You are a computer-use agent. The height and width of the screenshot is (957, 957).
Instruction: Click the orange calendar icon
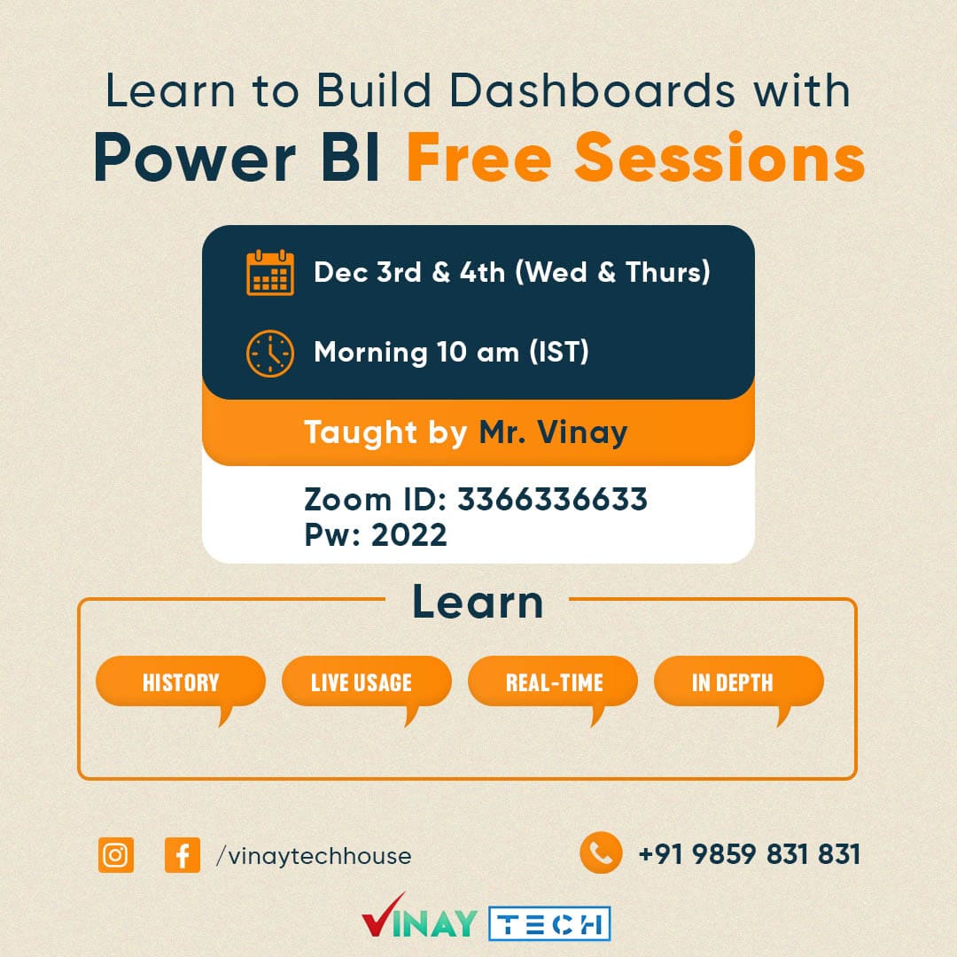(x=269, y=273)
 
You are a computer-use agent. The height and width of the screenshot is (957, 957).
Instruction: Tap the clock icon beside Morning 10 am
(x=269, y=354)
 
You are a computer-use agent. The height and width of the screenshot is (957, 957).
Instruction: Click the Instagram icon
(x=116, y=854)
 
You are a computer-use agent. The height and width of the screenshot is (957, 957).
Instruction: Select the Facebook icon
(x=183, y=854)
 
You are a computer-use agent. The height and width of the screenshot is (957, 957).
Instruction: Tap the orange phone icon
(x=601, y=852)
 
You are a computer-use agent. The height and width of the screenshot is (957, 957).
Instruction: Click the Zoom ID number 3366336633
(x=552, y=499)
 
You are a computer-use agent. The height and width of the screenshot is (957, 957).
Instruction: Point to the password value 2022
(x=408, y=535)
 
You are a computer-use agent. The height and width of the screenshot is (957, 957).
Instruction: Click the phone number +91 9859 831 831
(x=750, y=854)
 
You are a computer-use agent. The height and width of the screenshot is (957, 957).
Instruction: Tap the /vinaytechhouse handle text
(x=314, y=856)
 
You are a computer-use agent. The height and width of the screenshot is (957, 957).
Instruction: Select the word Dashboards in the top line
(x=593, y=90)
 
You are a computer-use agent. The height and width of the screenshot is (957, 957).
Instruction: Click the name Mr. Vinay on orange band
(x=553, y=432)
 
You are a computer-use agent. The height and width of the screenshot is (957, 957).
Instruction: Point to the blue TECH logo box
(x=549, y=923)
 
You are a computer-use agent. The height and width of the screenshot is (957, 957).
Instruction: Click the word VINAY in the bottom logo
(x=419, y=918)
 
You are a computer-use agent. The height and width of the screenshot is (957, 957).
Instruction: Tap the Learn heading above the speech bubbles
(x=478, y=602)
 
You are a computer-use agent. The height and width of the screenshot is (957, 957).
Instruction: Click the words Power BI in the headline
(x=237, y=159)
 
